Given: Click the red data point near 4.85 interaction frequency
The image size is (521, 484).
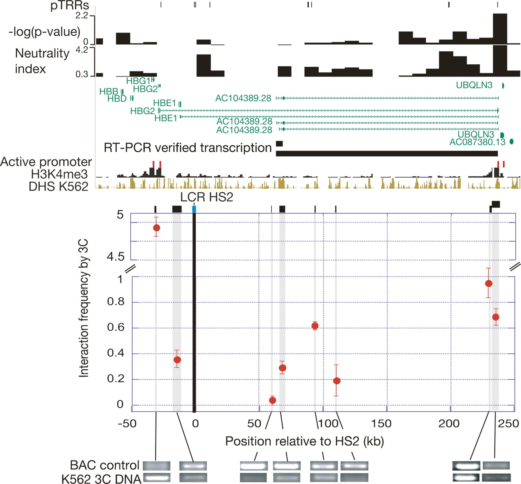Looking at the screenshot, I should [156, 228].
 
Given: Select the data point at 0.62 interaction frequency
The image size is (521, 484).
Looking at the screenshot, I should [315, 326].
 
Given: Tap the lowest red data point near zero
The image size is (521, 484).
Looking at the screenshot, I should [272, 401].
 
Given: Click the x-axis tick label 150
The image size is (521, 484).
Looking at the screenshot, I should [381, 423].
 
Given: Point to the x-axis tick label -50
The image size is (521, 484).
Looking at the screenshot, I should [127, 423].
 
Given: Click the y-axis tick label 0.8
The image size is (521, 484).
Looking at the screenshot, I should [115, 302].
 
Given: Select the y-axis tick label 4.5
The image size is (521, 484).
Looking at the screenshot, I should [115, 257].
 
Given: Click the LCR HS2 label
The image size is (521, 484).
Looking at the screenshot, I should [207, 197].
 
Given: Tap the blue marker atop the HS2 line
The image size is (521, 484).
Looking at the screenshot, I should [194, 209].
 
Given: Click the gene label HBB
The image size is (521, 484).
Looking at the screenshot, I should [109, 92].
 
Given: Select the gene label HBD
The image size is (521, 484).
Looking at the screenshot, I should [117, 99].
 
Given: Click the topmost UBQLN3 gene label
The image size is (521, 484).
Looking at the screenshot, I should [474, 85].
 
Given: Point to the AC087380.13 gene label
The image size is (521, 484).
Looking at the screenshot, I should [477, 142].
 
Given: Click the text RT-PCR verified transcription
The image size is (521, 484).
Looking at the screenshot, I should [188, 148].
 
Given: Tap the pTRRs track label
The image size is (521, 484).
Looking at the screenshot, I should [70, 6].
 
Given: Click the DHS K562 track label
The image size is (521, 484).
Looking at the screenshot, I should [58, 186].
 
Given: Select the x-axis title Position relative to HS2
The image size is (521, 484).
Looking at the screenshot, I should [304, 441].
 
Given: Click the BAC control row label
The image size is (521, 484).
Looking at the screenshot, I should [105, 465].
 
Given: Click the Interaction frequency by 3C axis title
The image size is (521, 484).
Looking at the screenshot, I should [84, 308].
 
